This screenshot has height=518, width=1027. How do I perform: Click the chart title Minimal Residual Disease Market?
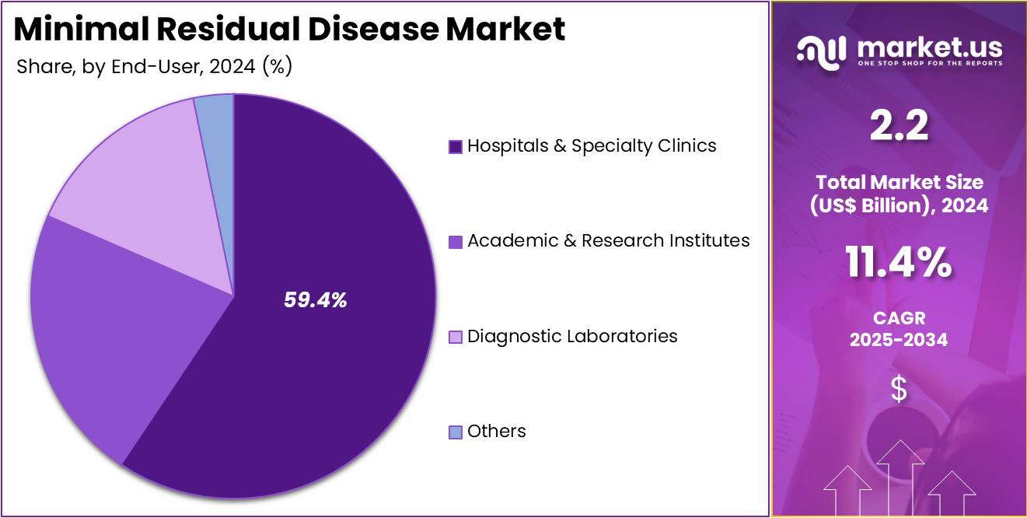289,30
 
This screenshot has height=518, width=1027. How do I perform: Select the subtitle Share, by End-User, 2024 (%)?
154,67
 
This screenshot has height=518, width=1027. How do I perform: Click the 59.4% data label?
315,300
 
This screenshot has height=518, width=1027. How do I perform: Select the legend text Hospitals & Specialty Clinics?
592,145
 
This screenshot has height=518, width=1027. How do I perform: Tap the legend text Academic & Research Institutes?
608,241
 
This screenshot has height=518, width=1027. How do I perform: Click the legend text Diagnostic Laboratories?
572,336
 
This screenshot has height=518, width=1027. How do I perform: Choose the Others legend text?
496,431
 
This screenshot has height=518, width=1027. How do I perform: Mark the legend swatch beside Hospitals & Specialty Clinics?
456,146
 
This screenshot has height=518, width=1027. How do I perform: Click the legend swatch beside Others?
456,432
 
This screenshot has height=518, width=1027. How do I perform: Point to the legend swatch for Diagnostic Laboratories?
456,337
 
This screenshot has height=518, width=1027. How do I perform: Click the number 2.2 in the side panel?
899,127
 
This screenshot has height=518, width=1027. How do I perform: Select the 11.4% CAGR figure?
899,264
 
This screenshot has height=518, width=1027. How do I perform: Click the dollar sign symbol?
899,389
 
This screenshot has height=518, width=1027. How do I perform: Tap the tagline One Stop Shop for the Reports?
929,63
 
